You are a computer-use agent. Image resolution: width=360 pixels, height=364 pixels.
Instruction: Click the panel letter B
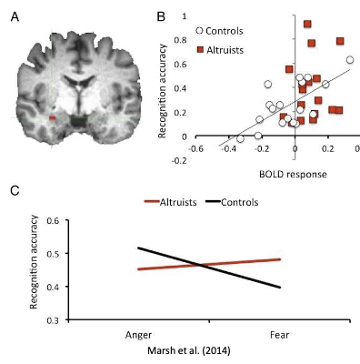click(x=161, y=15)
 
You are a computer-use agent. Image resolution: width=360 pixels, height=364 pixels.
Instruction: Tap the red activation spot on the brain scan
click(x=53, y=118)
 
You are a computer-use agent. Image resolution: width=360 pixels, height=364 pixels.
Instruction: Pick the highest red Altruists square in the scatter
click(x=307, y=25)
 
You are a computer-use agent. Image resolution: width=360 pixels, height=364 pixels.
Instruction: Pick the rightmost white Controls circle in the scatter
click(x=350, y=60)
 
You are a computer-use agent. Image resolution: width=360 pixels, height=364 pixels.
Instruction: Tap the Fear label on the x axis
click(x=277, y=333)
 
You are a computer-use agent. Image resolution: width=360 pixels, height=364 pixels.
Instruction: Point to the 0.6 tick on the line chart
click(x=53, y=220)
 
